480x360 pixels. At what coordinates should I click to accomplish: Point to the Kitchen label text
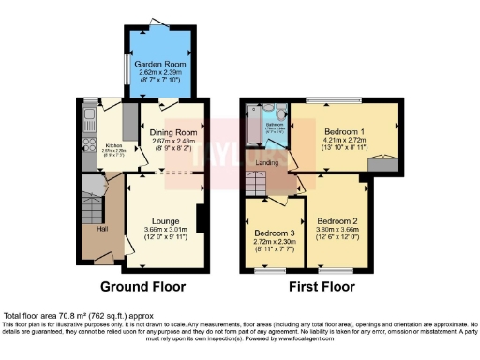point(114,145)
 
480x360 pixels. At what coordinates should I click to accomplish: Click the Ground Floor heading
point(142,287)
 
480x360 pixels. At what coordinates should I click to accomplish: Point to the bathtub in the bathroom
point(251,127)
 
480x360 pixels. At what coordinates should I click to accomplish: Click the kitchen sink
point(87,118)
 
